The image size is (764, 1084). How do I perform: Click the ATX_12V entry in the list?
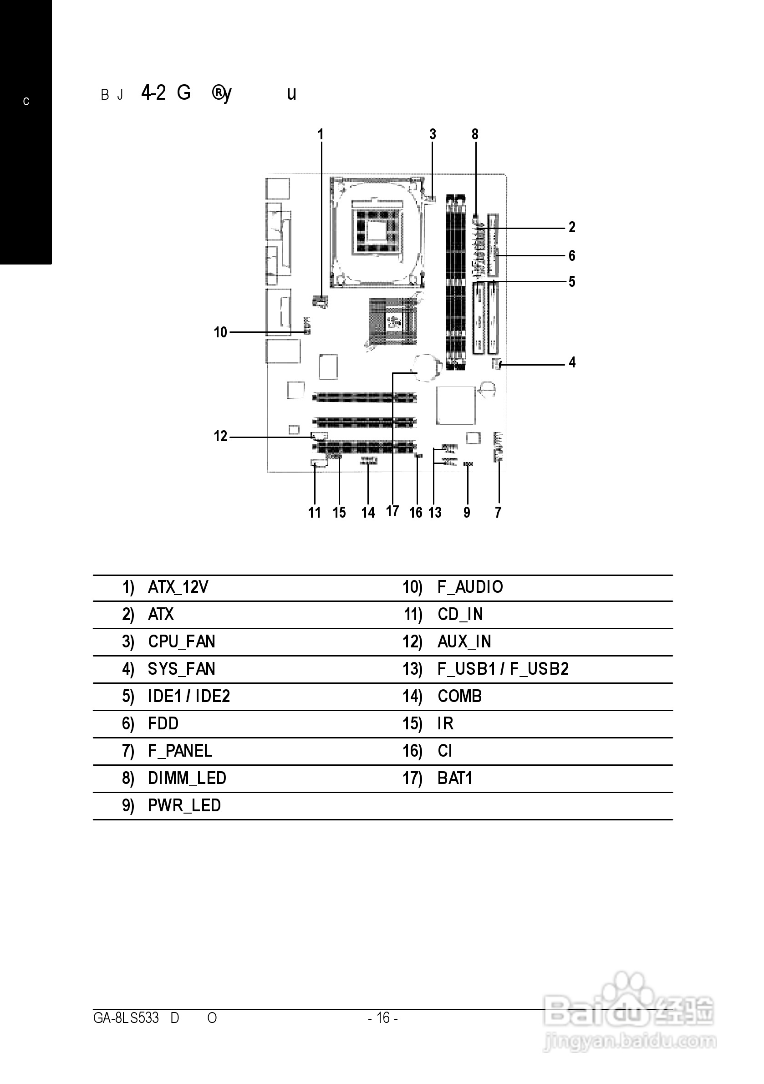(x=178, y=587)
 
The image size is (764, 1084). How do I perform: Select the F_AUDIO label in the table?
(x=470, y=587)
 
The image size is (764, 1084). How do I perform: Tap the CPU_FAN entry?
(x=181, y=641)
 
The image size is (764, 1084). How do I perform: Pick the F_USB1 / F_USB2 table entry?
(x=503, y=669)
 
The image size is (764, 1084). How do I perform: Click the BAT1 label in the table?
(x=455, y=778)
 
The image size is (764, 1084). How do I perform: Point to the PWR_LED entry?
(x=184, y=805)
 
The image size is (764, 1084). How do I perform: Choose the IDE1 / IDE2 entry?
(x=188, y=697)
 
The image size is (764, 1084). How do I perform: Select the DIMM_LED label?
(x=187, y=778)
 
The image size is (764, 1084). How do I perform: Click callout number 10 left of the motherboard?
(x=220, y=332)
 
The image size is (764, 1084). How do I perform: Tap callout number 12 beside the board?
(x=220, y=436)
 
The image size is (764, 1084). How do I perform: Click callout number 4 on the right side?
(x=572, y=362)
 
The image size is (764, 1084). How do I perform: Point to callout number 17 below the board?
(x=392, y=511)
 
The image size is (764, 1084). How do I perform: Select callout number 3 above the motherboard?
(x=433, y=135)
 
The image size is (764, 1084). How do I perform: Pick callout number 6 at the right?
(x=572, y=256)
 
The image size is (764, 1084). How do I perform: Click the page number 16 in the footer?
(x=383, y=1018)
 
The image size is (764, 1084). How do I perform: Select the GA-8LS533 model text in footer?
(x=126, y=1018)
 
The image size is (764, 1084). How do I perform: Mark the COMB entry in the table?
(x=459, y=697)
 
